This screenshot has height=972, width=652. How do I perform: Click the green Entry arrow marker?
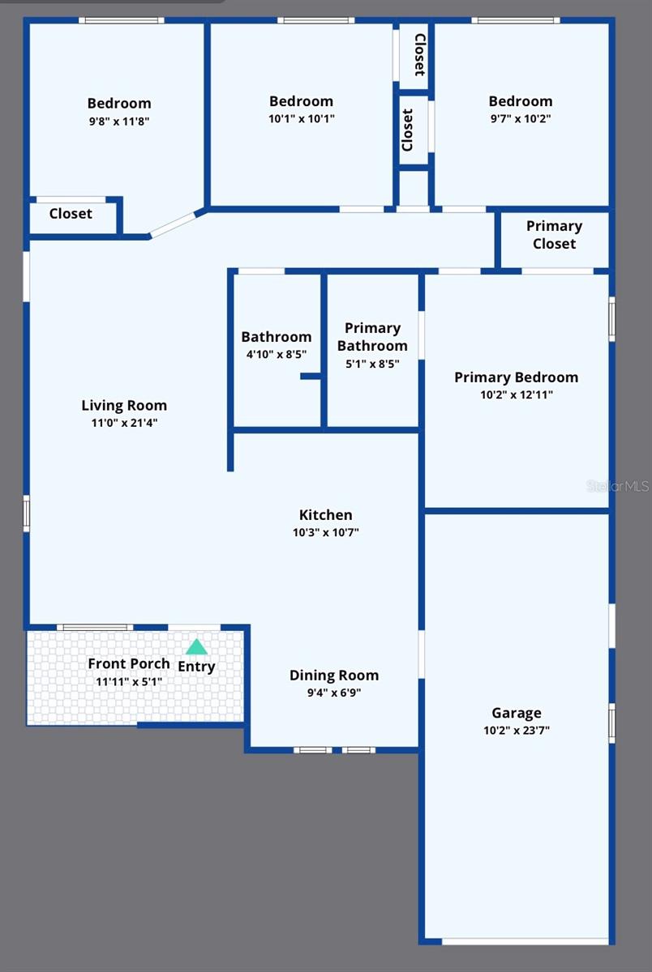pos(196,647)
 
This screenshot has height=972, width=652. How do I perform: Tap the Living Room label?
pos(124,405)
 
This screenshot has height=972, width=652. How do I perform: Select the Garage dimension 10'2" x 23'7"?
pos(517,730)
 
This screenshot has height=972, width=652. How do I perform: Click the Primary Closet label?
pos(554,235)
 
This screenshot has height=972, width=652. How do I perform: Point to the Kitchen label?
pos(325,514)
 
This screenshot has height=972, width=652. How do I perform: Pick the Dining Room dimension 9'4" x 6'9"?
pos(334,693)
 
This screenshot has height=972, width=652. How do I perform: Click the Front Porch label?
pos(129,663)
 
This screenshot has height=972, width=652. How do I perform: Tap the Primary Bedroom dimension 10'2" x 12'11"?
pos(516,394)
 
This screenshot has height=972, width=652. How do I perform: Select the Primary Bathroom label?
pos(372,337)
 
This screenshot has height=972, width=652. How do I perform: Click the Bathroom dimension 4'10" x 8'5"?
pos(276,354)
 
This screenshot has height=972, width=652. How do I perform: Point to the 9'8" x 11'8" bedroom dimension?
pos(119,121)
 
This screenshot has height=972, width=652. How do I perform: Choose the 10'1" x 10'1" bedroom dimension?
pos(301,118)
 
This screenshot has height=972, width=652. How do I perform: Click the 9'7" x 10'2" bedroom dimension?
pos(520,118)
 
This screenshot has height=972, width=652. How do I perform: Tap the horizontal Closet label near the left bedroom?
pos(71,214)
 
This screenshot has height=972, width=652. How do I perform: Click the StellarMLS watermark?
pos(617,486)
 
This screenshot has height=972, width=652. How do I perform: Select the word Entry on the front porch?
pos(196,667)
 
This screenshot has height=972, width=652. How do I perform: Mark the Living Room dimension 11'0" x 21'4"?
pos(124,422)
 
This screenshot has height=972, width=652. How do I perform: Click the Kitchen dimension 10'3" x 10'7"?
pos(325,532)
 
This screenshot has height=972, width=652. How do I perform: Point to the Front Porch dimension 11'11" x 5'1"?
pos(129,681)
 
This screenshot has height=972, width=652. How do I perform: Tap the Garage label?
pos(517,713)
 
